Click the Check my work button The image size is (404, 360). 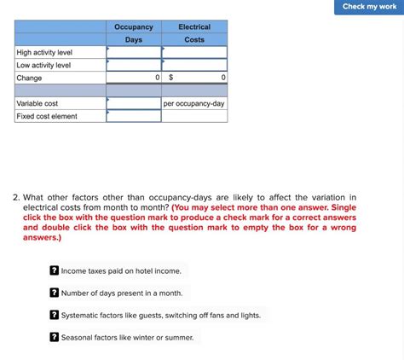[369, 7]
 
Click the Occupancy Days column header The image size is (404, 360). [134, 33]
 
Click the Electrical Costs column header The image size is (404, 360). [194, 33]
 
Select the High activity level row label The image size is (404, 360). [44, 52]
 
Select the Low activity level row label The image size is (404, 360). [43, 65]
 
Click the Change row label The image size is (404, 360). [29, 78]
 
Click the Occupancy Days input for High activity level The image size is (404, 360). [134, 52]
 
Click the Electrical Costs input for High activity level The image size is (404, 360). [194, 52]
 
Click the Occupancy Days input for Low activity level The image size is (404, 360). [134, 65]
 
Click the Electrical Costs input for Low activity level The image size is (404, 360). [194, 65]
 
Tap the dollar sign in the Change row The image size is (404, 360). [170, 78]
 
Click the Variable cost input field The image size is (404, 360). [134, 103]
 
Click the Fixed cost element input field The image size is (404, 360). [134, 116]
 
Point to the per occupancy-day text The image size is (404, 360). [194, 103]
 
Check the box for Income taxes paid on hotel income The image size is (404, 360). [54, 270]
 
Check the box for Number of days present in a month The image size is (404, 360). [54, 293]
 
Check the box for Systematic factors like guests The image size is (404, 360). [54, 315]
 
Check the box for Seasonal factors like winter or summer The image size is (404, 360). [54, 337]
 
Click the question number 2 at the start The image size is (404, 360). [16, 197]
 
